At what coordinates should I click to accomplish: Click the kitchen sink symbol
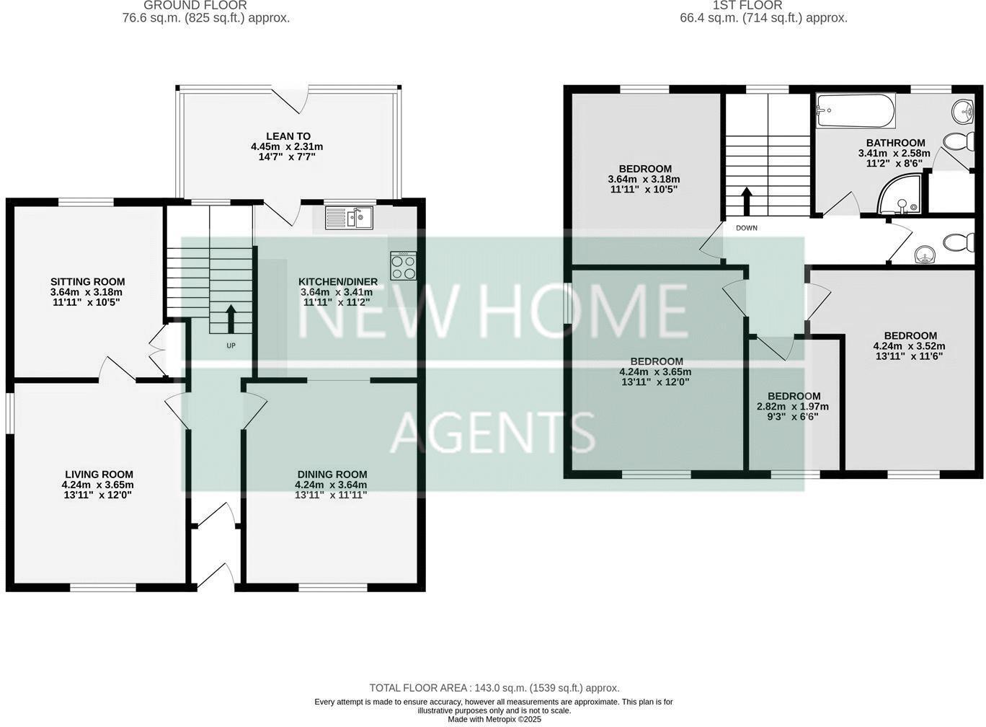click(349, 218)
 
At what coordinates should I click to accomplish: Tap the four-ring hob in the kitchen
click(403, 265)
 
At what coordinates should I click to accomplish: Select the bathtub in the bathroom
click(855, 110)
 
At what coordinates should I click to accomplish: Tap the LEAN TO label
click(288, 136)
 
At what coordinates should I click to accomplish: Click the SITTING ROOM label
click(87, 281)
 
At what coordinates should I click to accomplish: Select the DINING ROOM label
click(332, 474)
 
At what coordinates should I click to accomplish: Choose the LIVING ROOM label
click(98, 474)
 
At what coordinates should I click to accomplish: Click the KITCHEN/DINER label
click(338, 281)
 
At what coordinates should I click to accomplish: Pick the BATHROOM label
click(895, 143)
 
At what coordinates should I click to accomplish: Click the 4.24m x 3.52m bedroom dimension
click(910, 345)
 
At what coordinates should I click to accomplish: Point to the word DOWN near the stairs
click(747, 228)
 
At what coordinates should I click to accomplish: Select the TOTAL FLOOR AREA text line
click(494, 688)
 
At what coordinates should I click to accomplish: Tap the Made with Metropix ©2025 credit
click(494, 719)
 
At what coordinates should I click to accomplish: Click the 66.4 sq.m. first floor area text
click(763, 18)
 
